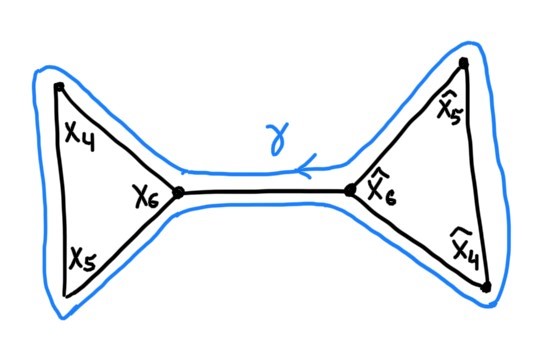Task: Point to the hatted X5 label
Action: [x=451, y=105]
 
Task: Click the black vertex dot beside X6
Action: [x=178, y=192]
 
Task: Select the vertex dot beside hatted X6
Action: [x=351, y=190]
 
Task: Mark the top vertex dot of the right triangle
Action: [x=464, y=65]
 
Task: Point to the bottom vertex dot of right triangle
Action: [x=486, y=288]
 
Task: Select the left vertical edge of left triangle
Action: [x=61, y=190]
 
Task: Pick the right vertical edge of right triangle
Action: [x=475, y=175]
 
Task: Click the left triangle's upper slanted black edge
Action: [x=118, y=139]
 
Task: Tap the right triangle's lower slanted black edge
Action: [x=418, y=239]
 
